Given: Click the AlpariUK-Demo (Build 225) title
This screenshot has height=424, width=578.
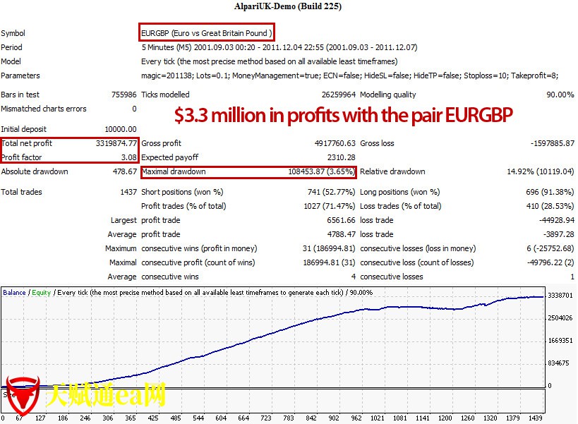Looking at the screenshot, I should click(288, 7).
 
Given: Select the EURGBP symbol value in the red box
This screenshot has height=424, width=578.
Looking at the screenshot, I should click(207, 33).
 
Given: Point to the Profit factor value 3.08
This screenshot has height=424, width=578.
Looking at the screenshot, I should click(128, 157).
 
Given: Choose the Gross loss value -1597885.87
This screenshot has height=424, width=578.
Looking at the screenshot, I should click(551, 143).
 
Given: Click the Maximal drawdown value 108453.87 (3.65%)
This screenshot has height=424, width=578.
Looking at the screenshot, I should click(319, 171).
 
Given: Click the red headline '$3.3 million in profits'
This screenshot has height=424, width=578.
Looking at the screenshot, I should click(344, 114).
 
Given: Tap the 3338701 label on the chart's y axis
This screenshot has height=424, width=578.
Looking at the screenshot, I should click(560, 296).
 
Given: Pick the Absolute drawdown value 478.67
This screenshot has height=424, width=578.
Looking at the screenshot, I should click(124, 171).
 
